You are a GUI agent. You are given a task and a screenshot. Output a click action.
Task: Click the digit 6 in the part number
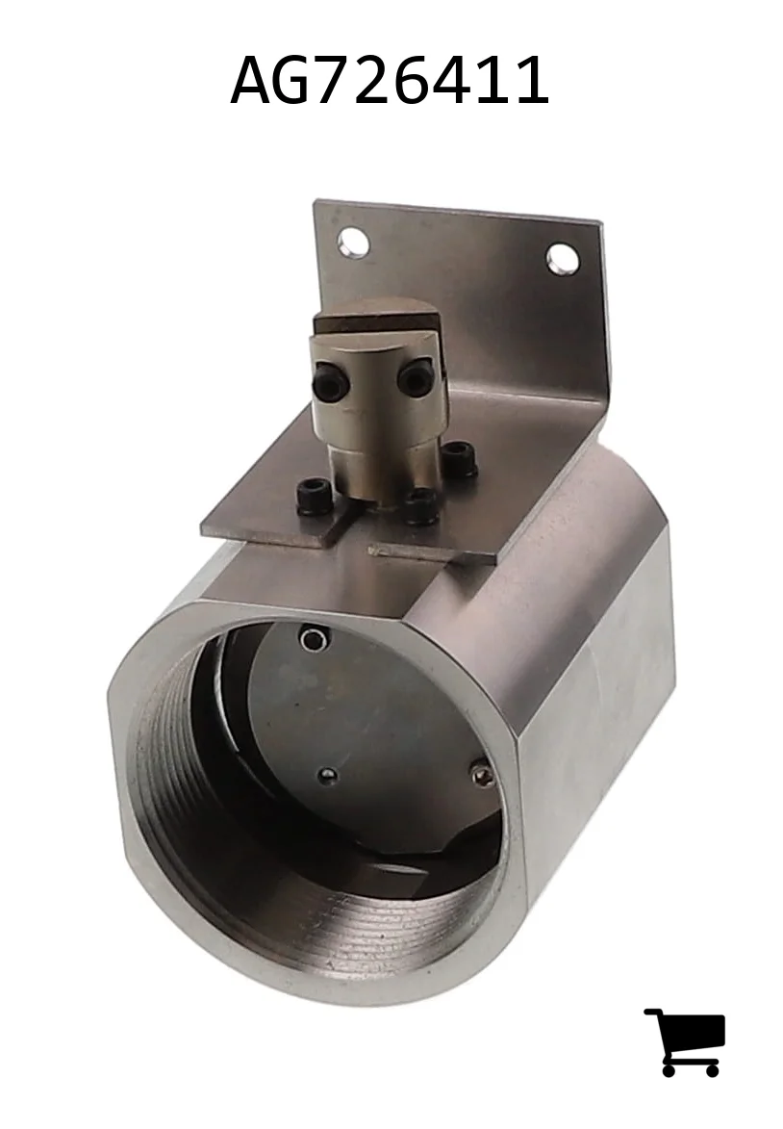point(451,81)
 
